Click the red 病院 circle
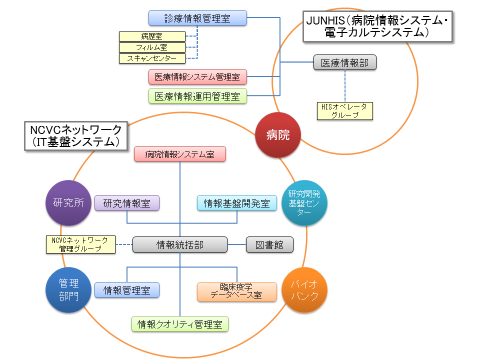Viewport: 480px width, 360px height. tap(278, 135)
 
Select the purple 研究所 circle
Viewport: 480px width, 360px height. tap(68, 203)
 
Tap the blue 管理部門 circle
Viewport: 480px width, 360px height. tap(68, 290)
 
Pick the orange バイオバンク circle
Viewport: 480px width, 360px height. tap(304, 290)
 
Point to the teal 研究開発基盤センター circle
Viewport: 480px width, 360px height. tap(304, 203)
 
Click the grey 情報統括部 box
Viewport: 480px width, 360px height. tap(180, 244)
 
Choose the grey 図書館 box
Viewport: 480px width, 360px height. tap(269, 244)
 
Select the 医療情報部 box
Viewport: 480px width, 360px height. tap(345, 62)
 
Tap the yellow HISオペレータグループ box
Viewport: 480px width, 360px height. tap(345, 111)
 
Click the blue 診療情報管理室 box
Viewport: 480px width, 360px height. tap(198, 18)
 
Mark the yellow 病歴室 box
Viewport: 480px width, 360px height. tap(152, 36)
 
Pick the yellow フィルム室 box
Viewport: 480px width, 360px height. tap(152, 47)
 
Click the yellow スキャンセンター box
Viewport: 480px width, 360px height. tap(152, 58)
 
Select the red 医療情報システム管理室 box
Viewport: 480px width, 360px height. tap(198, 77)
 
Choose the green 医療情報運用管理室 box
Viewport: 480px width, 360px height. tap(198, 96)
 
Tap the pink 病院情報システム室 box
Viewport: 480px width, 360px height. tap(180, 154)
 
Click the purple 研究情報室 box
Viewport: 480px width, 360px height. tap(127, 203)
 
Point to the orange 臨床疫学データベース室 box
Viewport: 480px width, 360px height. tap(237, 291)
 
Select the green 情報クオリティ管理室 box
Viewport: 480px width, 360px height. tap(180, 324)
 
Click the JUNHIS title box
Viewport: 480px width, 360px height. tap(378, 26)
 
